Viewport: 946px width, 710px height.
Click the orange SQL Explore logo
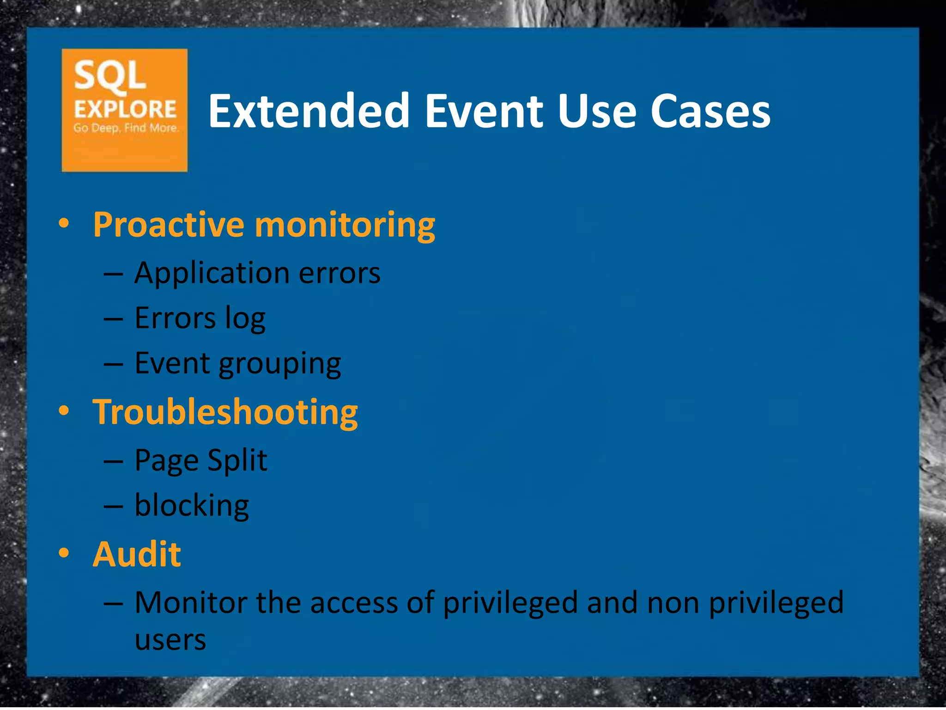[124, 110]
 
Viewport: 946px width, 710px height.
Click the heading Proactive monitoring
[264, 225]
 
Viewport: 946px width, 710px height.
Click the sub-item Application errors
[257, 273]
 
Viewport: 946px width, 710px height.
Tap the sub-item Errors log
[200, 318]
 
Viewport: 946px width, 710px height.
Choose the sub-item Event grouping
[237, 364]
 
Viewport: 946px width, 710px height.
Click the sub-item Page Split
[200, 460]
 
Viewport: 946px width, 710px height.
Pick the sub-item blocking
[191, 505]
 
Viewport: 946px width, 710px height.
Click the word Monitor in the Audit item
[190, 603]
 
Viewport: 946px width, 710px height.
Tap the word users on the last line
[170, 641]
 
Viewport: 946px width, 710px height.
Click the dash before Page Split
[113, 461]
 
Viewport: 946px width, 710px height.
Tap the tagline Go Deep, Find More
[126, 128]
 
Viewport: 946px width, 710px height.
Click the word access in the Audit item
[354, 603]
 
